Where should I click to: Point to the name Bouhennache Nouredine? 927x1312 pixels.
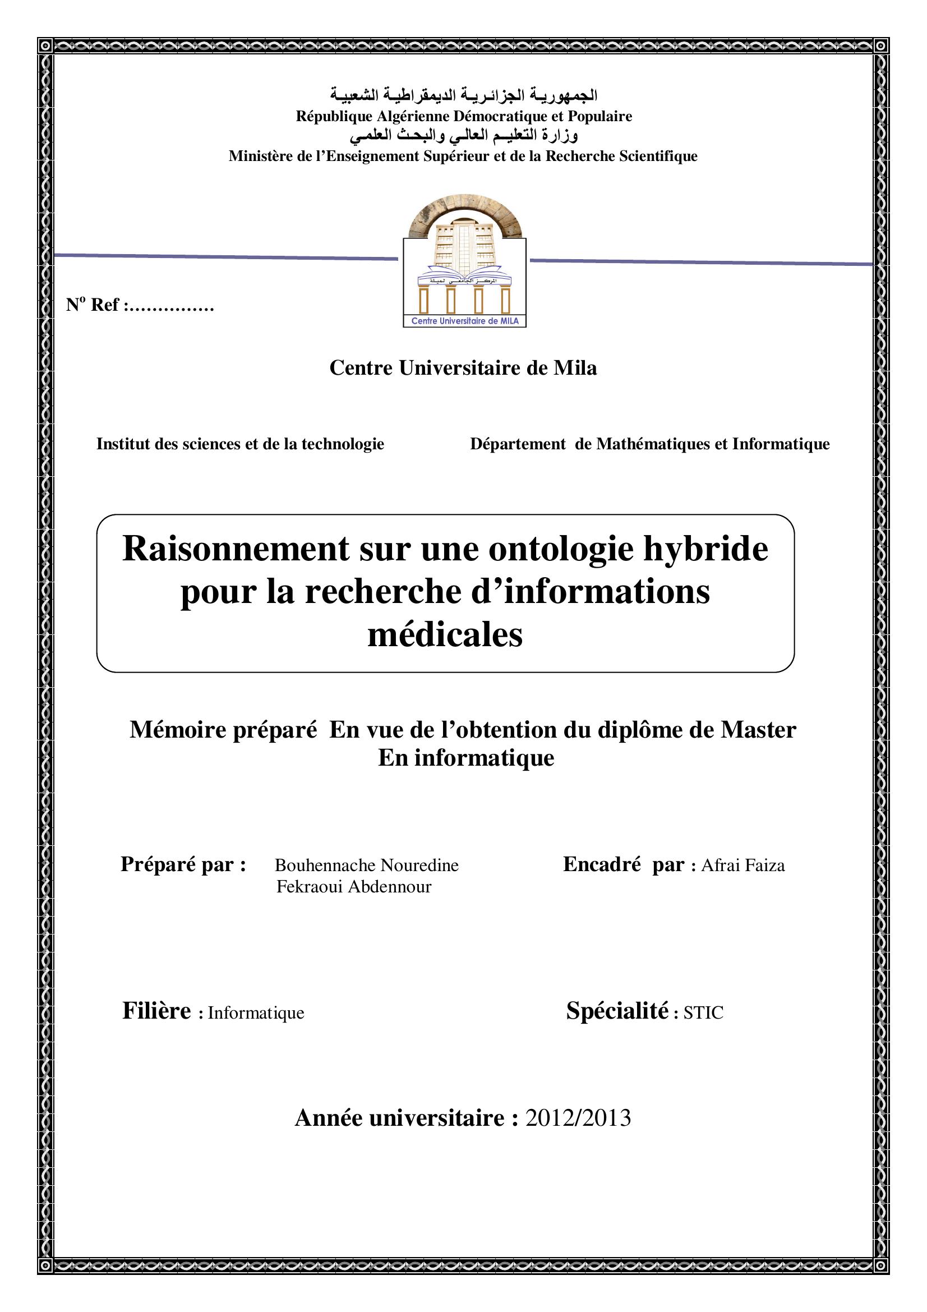tap(366, 865)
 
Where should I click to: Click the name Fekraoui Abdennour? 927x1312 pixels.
tap(353, 887)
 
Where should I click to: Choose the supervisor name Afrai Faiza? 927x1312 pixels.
tap(742, 865)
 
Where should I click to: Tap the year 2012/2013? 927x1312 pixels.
tap(578, 1117)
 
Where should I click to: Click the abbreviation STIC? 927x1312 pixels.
tap(703, 1012)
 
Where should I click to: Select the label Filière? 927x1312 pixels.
tap(156, 1011)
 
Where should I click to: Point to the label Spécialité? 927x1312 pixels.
tap(617, 1011)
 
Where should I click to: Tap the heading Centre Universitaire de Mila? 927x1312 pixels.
tap(463, 367)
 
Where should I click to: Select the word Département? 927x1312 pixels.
tap(518, 444)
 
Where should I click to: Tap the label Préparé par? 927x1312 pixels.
tap(183, 864)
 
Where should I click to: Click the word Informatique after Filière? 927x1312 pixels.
tap(256, 1013)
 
